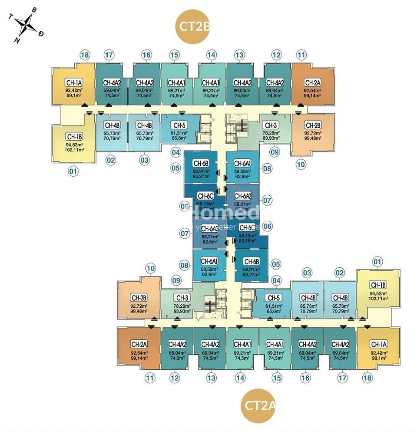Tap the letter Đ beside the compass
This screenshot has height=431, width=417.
41,34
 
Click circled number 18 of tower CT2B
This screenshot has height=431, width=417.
85,55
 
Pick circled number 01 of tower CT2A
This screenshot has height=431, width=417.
377,262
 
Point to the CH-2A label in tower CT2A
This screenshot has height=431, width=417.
139,344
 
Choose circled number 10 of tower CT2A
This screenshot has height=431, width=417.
150,269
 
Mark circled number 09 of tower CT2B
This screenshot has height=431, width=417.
275,152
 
